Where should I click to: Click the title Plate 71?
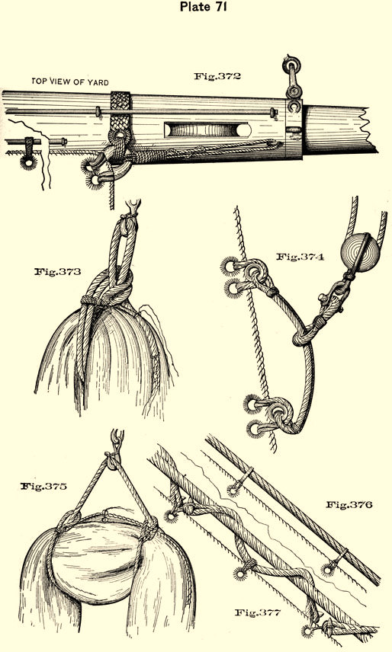[x=204, y=6]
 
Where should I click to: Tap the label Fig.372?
[x=217, y=76]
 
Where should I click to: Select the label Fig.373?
[x=57, y=272]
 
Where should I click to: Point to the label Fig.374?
[x=300, y=257]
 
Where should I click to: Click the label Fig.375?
[x=43, y=486]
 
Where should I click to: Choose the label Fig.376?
[x=349, y=505]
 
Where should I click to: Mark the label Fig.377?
[x=258, y=612]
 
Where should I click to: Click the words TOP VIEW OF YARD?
[x=70, y=82]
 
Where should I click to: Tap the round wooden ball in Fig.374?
[x=360, y=252]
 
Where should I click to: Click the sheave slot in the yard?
[x=207, y=129]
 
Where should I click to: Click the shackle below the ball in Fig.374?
[x=332, y=298]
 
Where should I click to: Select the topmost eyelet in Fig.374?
[x=230, y=265]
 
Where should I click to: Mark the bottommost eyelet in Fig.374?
[x=255, y=429]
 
